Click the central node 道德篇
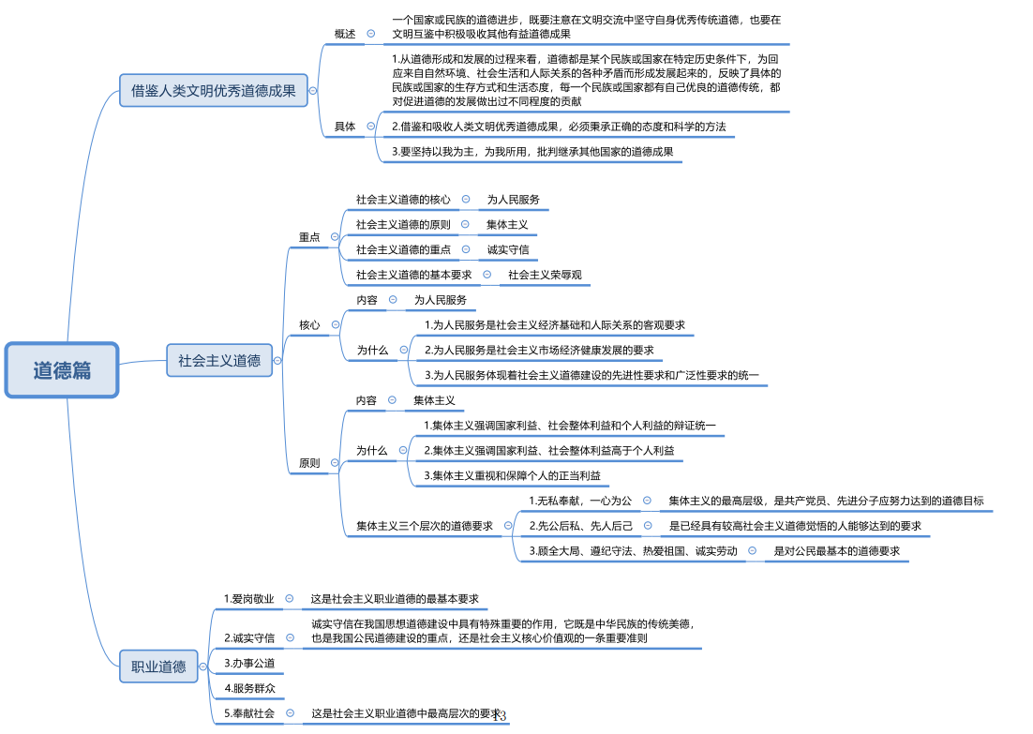tap(62, 369)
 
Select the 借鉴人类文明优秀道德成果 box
tap(213, 91)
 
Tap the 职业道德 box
tap(158, 667)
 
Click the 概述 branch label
tap(345, 34)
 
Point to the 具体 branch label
tap(345, 127)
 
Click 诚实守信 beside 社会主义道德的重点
tap(508, 249)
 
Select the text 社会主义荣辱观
tap(546, 275)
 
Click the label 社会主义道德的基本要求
tap(413, 275)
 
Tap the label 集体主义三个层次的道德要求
tap(424, 526)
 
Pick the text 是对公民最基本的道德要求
tap(836, 551)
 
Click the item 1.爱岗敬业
tap(249, 598)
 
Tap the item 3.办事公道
tap(249, 663)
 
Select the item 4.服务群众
tap(249, 688)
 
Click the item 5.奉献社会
tap(249, 713)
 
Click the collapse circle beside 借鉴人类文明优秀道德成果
tap(313, 91)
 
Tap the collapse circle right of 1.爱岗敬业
tap(290, 598)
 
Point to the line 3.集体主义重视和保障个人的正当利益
tap(512, 475)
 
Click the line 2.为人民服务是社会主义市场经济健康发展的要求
tap(538, 350)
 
